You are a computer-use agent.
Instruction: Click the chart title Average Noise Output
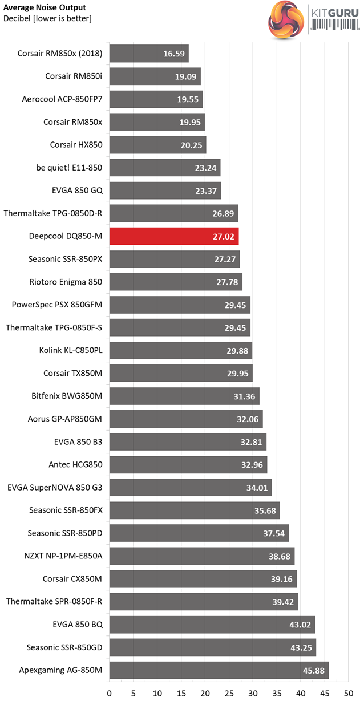45,7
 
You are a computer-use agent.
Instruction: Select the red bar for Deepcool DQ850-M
173,236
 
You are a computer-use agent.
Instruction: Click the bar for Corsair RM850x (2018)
148,54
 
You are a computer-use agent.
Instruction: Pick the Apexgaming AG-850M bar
219,670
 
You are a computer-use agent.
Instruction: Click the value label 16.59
174,54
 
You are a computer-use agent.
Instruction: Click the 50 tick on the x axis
348,690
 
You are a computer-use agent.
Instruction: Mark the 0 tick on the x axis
110,690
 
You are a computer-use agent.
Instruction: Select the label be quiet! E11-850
68,168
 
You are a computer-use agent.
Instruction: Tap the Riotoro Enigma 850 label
66,282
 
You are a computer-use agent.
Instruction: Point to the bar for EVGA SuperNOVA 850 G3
190,487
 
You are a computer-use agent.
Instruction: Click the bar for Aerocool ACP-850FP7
156,99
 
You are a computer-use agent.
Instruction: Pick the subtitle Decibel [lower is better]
47,18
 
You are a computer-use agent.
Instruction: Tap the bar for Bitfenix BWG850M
184,396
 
